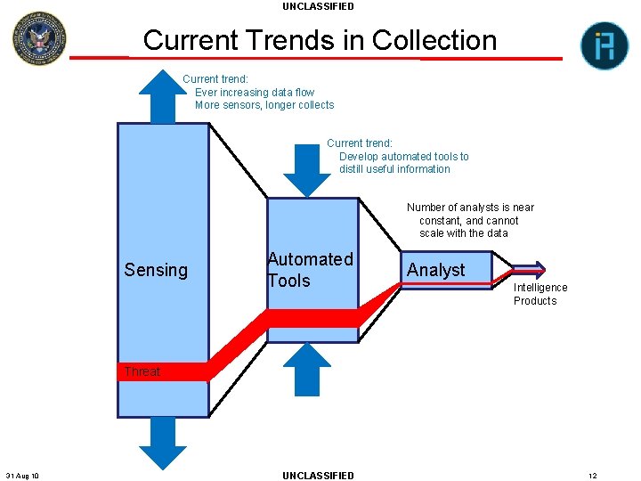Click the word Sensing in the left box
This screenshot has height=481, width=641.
click(156, 270)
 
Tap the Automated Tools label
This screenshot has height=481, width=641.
click(310, 270)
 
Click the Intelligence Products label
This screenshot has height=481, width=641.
click(540, 294)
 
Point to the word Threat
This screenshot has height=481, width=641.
click(142, 371)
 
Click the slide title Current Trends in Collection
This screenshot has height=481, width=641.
click(320, 40)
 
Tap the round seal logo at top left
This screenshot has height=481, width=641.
click(39, 38)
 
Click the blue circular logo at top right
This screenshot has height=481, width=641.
click(604, 45)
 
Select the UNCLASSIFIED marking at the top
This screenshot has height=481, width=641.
click(318, 6)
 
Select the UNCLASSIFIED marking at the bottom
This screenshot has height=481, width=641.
click(318, 476)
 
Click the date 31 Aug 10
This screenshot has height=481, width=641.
click(22, 477)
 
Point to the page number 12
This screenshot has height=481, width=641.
click(592, 477)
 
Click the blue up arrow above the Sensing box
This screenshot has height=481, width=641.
click(162, 95)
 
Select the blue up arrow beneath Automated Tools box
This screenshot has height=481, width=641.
click(311, 367)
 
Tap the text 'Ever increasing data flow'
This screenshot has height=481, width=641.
click(255, 93)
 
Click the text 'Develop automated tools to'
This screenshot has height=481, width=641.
click(403, 157)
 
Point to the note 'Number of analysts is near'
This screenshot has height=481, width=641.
click(470, 208)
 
